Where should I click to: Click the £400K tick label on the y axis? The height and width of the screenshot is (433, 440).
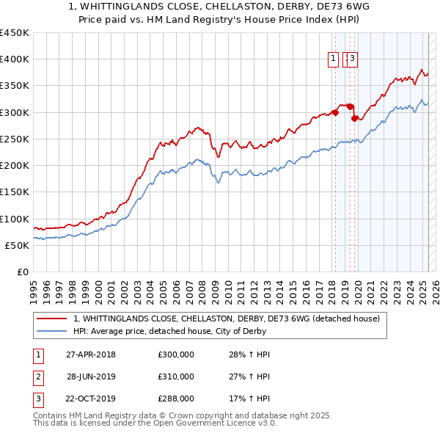point(15,59)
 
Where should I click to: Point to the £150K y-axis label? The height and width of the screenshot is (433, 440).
point(15,192)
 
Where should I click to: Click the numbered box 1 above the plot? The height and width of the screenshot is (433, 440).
point(333,59)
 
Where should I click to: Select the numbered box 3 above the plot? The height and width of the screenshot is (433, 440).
point(352,59)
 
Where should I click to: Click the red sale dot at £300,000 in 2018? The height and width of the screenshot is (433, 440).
point(335,112)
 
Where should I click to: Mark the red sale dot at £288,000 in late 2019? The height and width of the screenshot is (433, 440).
point(354,118)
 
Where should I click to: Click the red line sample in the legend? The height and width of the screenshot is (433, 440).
point(52,319)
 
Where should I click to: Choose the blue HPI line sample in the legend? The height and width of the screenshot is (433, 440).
point(52,331)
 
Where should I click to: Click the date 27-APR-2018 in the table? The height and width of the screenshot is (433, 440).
point(91,355)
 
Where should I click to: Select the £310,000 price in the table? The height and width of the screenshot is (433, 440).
point(176,377)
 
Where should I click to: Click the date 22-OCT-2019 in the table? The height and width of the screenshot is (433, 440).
point(91,399)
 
